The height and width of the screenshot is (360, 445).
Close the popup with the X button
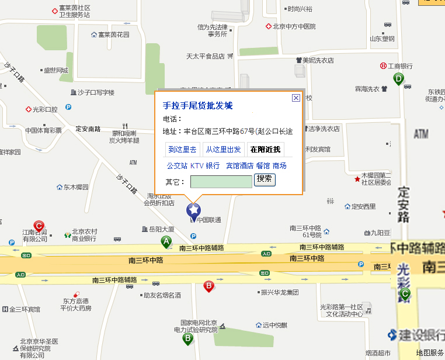[295, 98]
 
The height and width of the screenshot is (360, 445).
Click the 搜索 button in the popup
[265, 179]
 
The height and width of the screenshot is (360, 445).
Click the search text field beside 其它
[221, 182]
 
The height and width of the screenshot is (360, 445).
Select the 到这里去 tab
[182, 150]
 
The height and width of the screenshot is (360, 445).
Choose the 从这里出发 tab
[223, 150]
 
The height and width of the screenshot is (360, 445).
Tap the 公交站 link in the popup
[177, 166]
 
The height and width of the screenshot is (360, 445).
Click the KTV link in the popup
[197, 166]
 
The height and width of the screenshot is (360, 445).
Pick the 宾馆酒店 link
[239, 166]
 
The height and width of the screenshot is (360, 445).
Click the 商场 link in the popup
[280, 166]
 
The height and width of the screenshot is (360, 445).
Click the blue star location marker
[193, 210]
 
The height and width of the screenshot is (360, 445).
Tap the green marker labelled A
[166, 242]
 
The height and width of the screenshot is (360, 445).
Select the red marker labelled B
[208, 286]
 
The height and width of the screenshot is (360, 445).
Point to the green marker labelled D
[398, 79]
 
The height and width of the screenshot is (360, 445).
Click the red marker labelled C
[39, 226]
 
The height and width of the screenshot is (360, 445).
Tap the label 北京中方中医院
[294, 26]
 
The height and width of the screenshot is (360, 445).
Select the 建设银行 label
[418, 335]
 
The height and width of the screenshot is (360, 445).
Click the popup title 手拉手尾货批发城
[197, 106]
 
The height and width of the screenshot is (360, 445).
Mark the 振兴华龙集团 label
[279, 292]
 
